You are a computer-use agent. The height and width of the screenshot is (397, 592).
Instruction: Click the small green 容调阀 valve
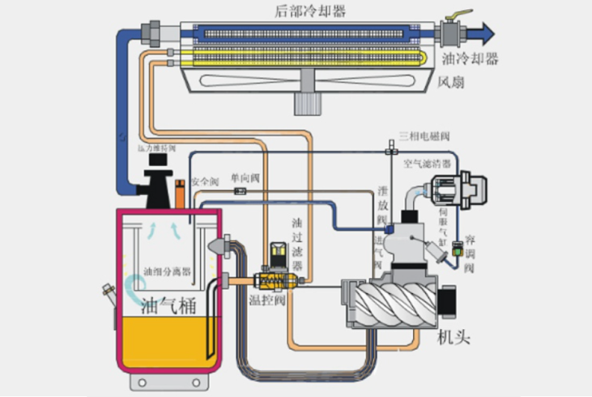tap(458, 242)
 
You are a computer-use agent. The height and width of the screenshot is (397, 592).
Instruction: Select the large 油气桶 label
tap(168, 307)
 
